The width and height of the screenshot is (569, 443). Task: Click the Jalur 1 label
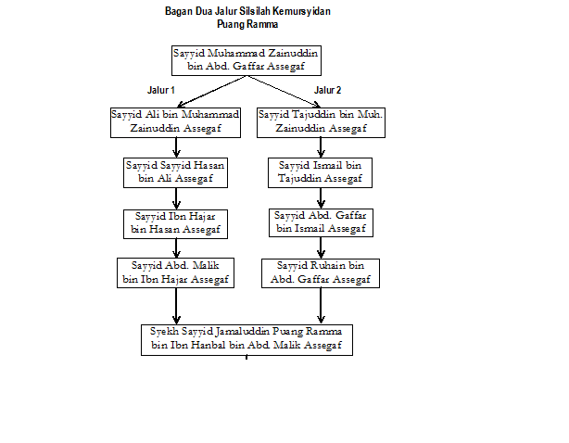pyautogui.click(x=161, y=90)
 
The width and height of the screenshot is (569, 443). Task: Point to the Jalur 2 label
pyautogui.click(x=328, y=90)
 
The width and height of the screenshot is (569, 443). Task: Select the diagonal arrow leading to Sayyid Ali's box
pyautogui.click(x=211, y=92)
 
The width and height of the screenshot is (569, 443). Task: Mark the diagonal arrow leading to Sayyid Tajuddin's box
pyautogui.click(x=284, y=92)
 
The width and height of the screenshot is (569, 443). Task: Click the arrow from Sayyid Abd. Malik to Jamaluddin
pyautogui.click(x=176, y=306)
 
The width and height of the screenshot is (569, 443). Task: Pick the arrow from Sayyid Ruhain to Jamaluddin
pyautogui.click(x=321, y=306)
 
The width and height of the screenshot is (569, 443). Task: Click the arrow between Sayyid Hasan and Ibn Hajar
pyautogui.click(x=176, y=199)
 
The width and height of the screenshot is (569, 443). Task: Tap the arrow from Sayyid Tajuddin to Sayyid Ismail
pyautogui.click(x=321, y=147)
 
